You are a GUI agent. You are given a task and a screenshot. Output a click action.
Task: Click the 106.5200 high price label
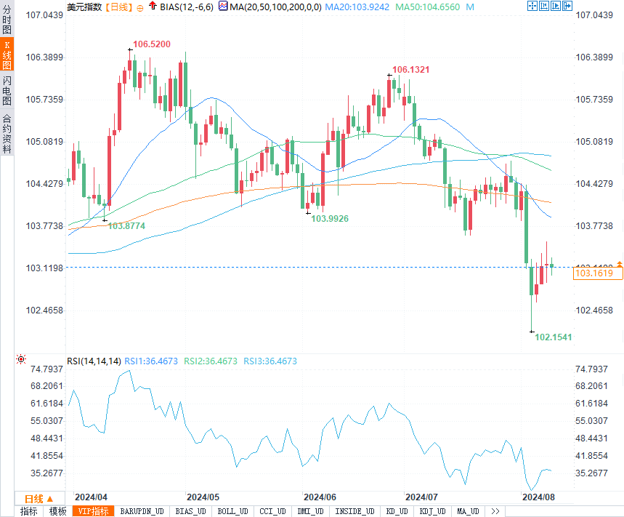point(151,44)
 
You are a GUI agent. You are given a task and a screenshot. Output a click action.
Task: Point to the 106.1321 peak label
point(411,70)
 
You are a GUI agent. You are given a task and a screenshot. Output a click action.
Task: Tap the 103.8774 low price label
point(126,226)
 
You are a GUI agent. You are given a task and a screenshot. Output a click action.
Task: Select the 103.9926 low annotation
point(330,218)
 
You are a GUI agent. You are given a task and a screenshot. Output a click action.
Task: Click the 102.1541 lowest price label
point(554,337)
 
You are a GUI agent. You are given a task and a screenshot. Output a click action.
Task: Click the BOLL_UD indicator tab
point(232,511)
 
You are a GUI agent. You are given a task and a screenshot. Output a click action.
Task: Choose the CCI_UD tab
point(273,511)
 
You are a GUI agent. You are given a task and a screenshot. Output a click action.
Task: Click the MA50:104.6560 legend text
point(428,7)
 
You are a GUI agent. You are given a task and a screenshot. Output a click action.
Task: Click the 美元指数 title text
point(84,7)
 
